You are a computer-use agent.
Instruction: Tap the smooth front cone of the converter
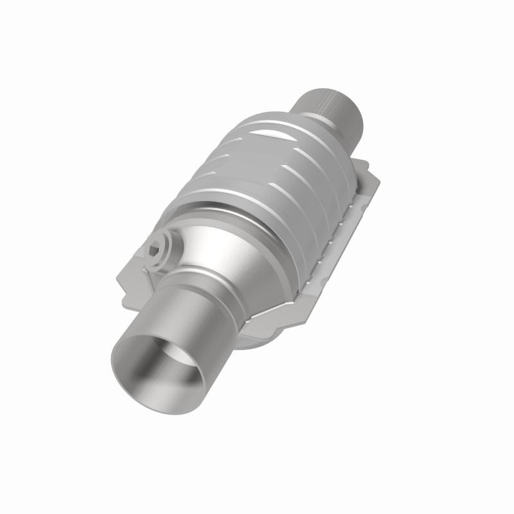click(x=231, y=257)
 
